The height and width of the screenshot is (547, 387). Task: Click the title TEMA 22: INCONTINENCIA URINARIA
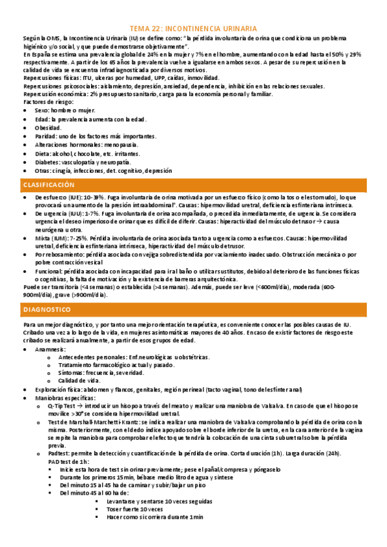(193, 28)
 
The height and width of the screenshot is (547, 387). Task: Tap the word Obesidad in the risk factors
(48, 128)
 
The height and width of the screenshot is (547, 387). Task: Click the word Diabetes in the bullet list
(48, 163)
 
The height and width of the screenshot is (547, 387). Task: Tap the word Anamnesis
(52, 349)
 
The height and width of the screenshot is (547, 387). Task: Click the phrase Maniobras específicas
(65, 398)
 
